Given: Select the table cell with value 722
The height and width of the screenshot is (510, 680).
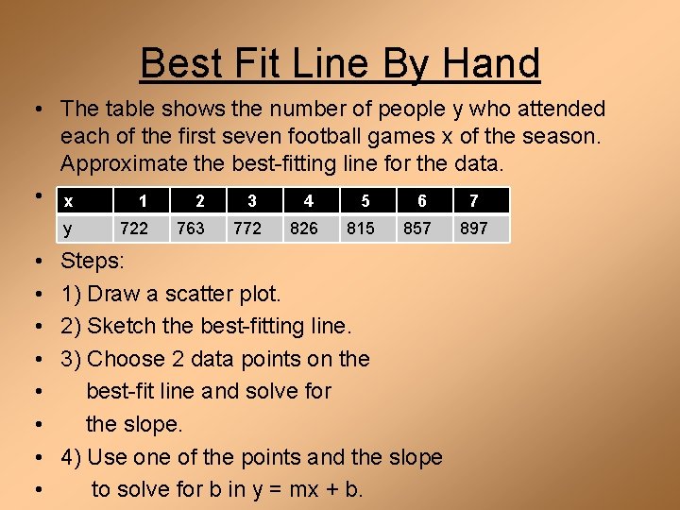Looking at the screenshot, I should pyautogui.click(x=133, y=229).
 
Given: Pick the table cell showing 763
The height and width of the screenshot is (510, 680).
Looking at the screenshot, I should pyautogui.click(x=190, y=229).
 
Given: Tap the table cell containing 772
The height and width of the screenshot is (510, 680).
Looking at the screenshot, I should pyautogui.click(x=246, y=229).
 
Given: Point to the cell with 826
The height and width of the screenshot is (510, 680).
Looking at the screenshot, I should pyautogui.click(x=303, y=229).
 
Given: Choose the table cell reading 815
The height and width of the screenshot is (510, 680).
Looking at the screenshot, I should pyautogui.click(x=360, y=229).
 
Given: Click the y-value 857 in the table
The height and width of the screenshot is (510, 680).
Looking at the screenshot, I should pyautogui.click(x=416, y=229).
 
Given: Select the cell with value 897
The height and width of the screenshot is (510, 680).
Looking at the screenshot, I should pyautogui.click(x=473, y=229).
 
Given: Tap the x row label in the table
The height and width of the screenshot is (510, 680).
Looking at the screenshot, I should pyautogui.click(x=68, y=201).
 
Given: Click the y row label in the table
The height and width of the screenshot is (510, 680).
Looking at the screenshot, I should pyautogui.click(x=67, y=229).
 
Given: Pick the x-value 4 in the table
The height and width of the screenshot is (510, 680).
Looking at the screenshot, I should pyautogui.click(x=308, y=200).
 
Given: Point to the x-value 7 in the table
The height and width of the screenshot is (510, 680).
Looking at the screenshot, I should pyautogui.click(x=473, y=200).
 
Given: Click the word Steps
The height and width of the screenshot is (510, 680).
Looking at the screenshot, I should pyautogui.click(x=92, y=262).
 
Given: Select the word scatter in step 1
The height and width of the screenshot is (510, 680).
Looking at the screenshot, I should pyautogui.click(x=198, y=294).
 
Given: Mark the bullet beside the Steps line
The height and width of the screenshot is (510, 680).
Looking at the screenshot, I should pyautogui.click(x=35, y=262).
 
